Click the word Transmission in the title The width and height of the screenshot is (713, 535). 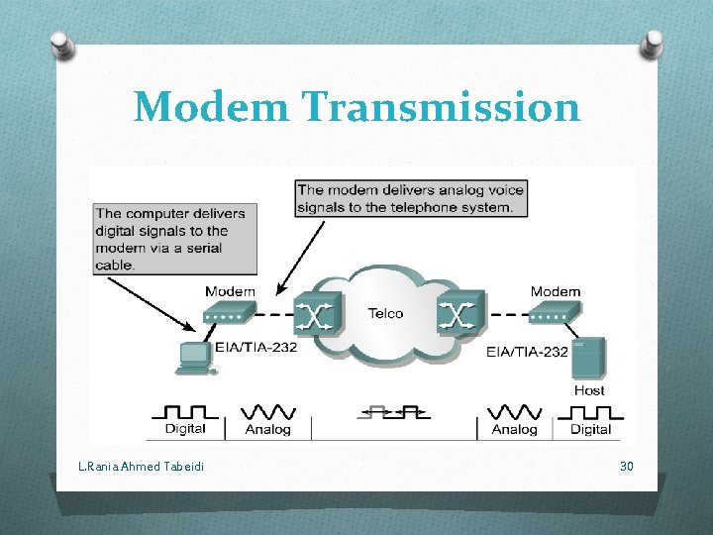coord(442,107)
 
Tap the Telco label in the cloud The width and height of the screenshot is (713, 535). coord(385,313)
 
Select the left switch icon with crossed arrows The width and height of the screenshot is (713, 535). coord(318,314)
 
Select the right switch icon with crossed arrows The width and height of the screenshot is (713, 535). coord(458,314)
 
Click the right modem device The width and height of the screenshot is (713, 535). coord(554,314)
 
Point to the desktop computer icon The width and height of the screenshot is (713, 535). coord(196,357)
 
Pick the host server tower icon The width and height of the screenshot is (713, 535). coord(588,359)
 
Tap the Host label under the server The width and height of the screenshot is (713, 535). coord(589,390)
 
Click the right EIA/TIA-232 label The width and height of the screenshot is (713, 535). coord(527,351)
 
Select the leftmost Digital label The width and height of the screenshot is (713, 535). coord(185,429)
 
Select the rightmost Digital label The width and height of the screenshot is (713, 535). coord(591,429)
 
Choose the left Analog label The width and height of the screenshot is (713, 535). coord(267,429)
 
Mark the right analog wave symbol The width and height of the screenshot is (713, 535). coord(515,410)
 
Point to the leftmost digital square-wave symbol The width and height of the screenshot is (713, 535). coord(185,410)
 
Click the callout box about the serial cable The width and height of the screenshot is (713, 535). coord(175,239)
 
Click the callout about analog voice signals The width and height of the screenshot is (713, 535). coord(411,198)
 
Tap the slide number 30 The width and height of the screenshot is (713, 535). coord(626,466)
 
